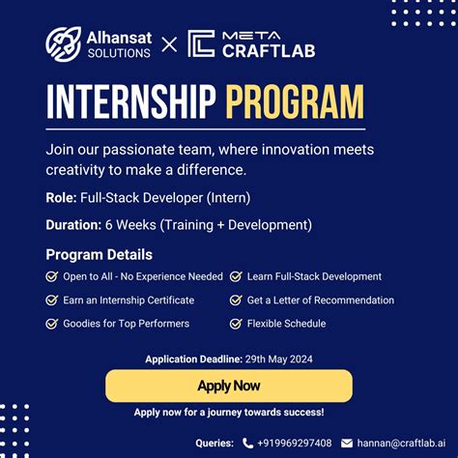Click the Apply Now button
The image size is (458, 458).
click(x=228, y=386)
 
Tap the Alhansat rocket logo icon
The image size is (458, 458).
click(x=63, y=44)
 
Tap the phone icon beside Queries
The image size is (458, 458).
click(x=248, y=443)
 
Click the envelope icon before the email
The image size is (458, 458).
click(x=349, y=443)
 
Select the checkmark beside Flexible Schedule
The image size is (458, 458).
click(x=236, y=324)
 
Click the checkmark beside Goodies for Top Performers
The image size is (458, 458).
click(x=51, y=324)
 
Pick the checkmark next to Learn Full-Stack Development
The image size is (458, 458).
click(x=236, y=276)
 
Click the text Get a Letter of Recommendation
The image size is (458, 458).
click(x=320, y=301)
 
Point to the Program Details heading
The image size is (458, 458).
click(x=99, y=255)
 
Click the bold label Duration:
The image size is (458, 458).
click(x=74, y=225)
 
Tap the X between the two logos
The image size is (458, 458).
click(x=169, y=44)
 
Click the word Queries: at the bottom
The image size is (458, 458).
click(x=215, y=443)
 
